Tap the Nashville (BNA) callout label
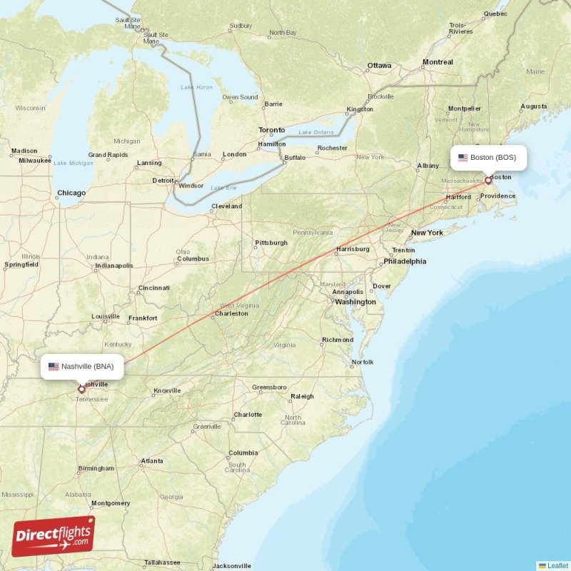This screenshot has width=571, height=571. [82, 367]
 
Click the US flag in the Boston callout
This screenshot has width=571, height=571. [463, 158]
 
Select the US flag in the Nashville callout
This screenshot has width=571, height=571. [54, 367]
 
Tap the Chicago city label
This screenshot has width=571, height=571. [71, 193]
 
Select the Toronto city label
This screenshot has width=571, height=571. [271, 130]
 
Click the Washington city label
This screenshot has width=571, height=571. [355, 302]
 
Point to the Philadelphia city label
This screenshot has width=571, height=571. [405, 261]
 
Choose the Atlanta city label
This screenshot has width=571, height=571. [151, 461]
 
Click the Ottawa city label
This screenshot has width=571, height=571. [379, 66]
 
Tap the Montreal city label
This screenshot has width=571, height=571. [438, 62]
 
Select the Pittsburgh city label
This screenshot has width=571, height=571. [271, 243]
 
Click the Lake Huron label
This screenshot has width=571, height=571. [197, 87]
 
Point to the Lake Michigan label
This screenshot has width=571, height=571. [74, 163]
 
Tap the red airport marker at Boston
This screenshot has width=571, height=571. [488, 181]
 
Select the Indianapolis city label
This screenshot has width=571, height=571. [114, 266]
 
